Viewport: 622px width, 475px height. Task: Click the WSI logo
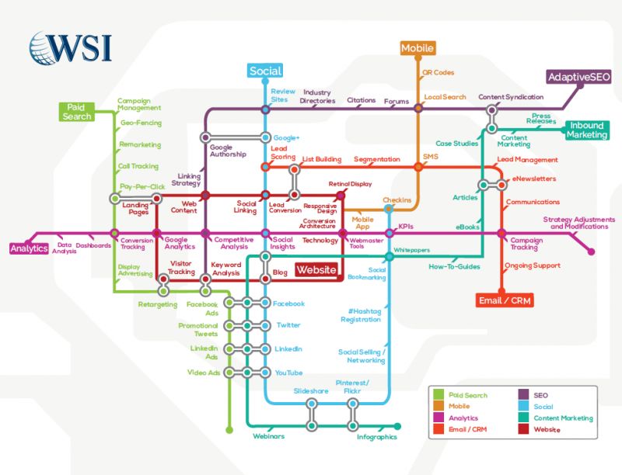71,48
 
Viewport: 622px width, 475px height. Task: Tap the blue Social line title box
265,71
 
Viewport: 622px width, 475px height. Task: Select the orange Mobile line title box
418,48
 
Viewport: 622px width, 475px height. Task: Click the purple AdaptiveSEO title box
578,77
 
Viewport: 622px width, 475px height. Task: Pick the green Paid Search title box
76,112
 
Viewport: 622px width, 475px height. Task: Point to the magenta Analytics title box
30,248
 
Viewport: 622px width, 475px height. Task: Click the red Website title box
316,270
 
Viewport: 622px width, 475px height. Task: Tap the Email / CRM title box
505,300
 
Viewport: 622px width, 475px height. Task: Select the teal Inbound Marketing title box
587,130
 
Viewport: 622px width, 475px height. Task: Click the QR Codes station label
438,72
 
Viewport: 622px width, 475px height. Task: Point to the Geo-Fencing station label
141,123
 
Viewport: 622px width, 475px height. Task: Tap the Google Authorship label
228,151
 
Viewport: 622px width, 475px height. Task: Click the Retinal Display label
351,184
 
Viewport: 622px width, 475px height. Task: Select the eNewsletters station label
534,179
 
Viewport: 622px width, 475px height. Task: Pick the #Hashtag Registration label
361,315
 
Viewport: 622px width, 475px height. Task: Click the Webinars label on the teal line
268,436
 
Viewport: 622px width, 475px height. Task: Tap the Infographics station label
377,437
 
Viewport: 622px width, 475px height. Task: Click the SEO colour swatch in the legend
523,394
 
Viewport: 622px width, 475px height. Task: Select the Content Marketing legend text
563,418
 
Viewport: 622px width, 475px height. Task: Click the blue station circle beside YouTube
265,372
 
